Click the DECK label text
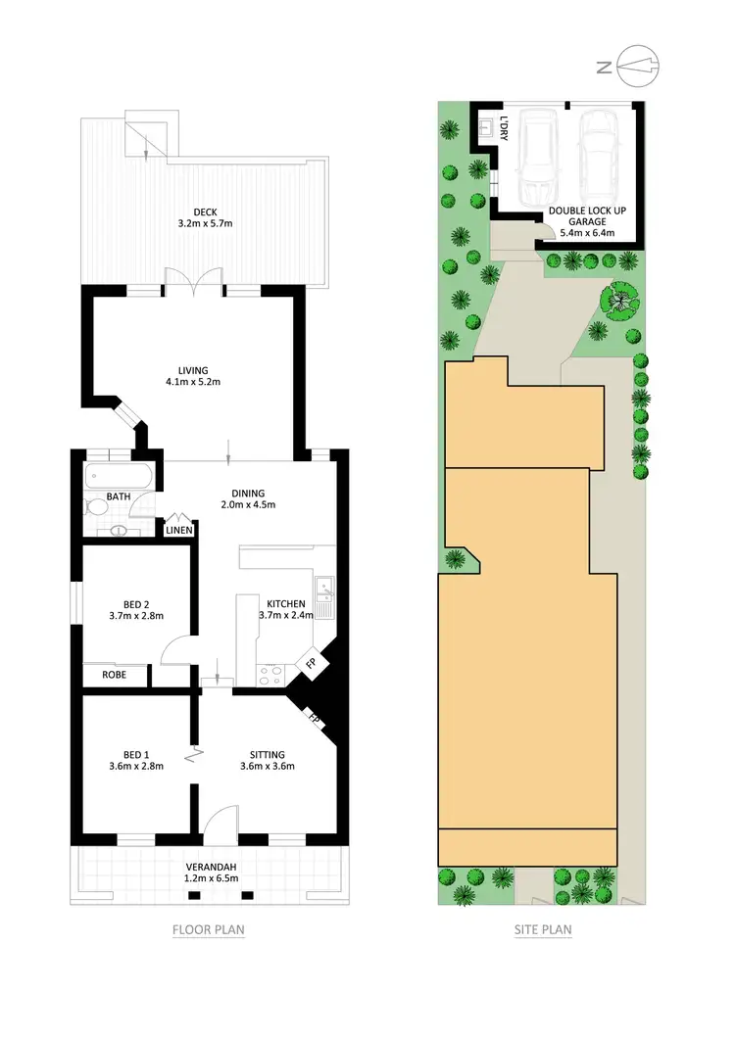point(205,211)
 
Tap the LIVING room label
point(193,369)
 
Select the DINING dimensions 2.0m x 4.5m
point(249,505)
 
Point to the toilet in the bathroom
point(96,507)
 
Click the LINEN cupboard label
point(179,530)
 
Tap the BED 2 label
point(135,603)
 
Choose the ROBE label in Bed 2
point(116,675)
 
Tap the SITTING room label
point(267,754)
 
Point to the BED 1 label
point(135,754)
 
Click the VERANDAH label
point(212,868)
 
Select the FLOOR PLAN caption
point(208,930)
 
